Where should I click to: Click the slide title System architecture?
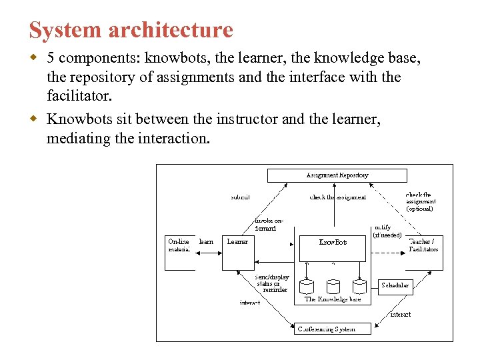point(131,30)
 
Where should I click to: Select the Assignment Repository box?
point(337,175)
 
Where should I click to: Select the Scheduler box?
point(395,285)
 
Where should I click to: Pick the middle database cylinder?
point(333,286)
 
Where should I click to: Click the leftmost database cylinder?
point(307,286)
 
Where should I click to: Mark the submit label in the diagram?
point(240,197)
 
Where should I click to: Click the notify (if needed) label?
point(387,231)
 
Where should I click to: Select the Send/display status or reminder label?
point(272,283)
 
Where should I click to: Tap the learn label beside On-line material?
point(206,242)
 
